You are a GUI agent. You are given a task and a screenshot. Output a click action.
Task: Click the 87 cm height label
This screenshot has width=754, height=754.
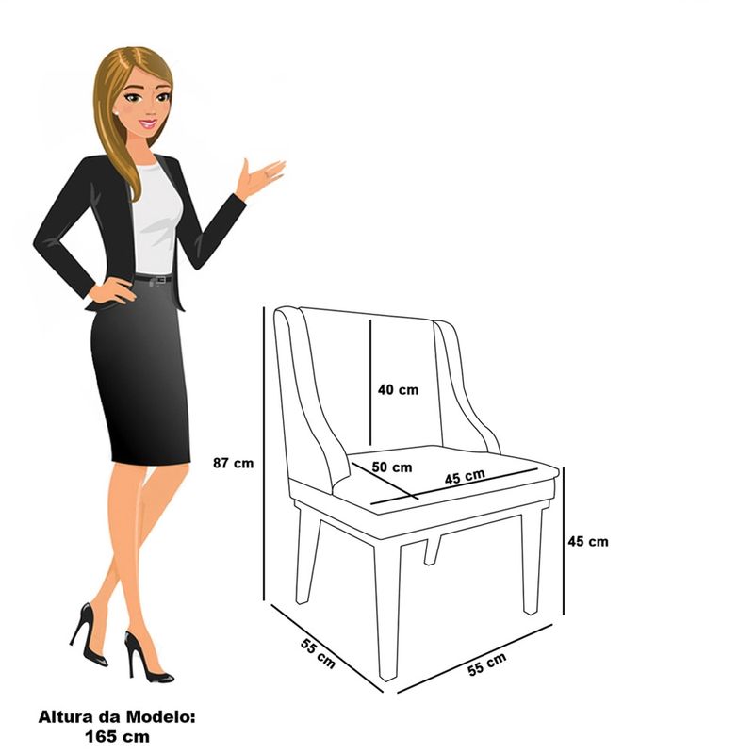click(x=233, y=463)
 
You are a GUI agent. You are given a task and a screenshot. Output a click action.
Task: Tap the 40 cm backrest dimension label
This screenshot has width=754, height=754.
click(x=398, y=389)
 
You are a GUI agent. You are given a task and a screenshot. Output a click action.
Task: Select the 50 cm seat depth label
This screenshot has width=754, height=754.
click(x=392, y=467)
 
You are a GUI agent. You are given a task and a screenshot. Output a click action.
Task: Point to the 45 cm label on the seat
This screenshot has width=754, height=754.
click(x=465, y=477)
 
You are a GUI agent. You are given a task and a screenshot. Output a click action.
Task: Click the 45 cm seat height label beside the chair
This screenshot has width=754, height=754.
click(x=587, y=541)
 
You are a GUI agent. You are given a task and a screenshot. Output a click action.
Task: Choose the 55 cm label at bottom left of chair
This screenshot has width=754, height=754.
click(x=318, y=653)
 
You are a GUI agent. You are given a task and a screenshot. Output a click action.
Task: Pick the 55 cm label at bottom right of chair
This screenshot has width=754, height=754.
click(x=486, y=664)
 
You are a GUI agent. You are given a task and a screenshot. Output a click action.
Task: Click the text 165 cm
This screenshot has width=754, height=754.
click(x=117, y=736)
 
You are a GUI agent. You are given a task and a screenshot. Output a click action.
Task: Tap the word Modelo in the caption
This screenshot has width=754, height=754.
click(x=160, y=717)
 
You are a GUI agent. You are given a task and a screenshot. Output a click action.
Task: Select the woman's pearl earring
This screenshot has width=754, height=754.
click(x=116, y=112)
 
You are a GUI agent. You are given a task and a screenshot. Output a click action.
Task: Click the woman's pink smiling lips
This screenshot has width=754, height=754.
click(x=148, y=124)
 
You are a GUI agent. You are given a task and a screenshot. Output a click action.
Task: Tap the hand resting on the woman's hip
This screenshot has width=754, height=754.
click(x=111, y=290)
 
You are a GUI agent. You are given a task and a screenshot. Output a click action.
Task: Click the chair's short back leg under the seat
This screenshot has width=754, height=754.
click(x=432, y=550)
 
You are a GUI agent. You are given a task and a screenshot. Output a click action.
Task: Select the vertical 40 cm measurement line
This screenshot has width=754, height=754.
click(x=370, y=383)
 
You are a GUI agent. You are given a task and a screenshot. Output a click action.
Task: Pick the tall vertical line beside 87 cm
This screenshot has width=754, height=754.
click(x=264, y=453)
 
